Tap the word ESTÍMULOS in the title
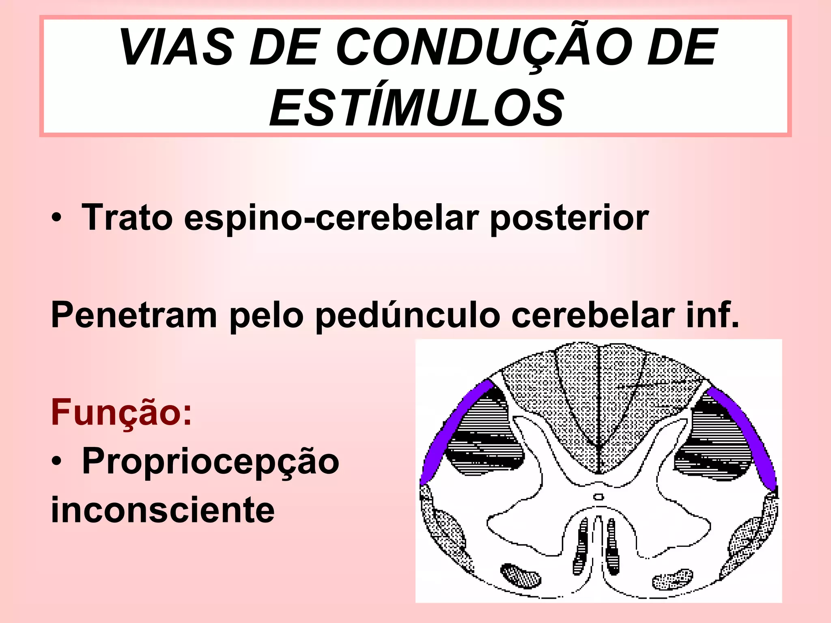(x=417, y=107)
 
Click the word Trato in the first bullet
(x=127, y=218)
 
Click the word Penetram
(x=134, y=315)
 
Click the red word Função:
(x=121, y=412)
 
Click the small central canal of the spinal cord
(x=598, y=497)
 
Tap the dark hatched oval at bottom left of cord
(x=521, y=575)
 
